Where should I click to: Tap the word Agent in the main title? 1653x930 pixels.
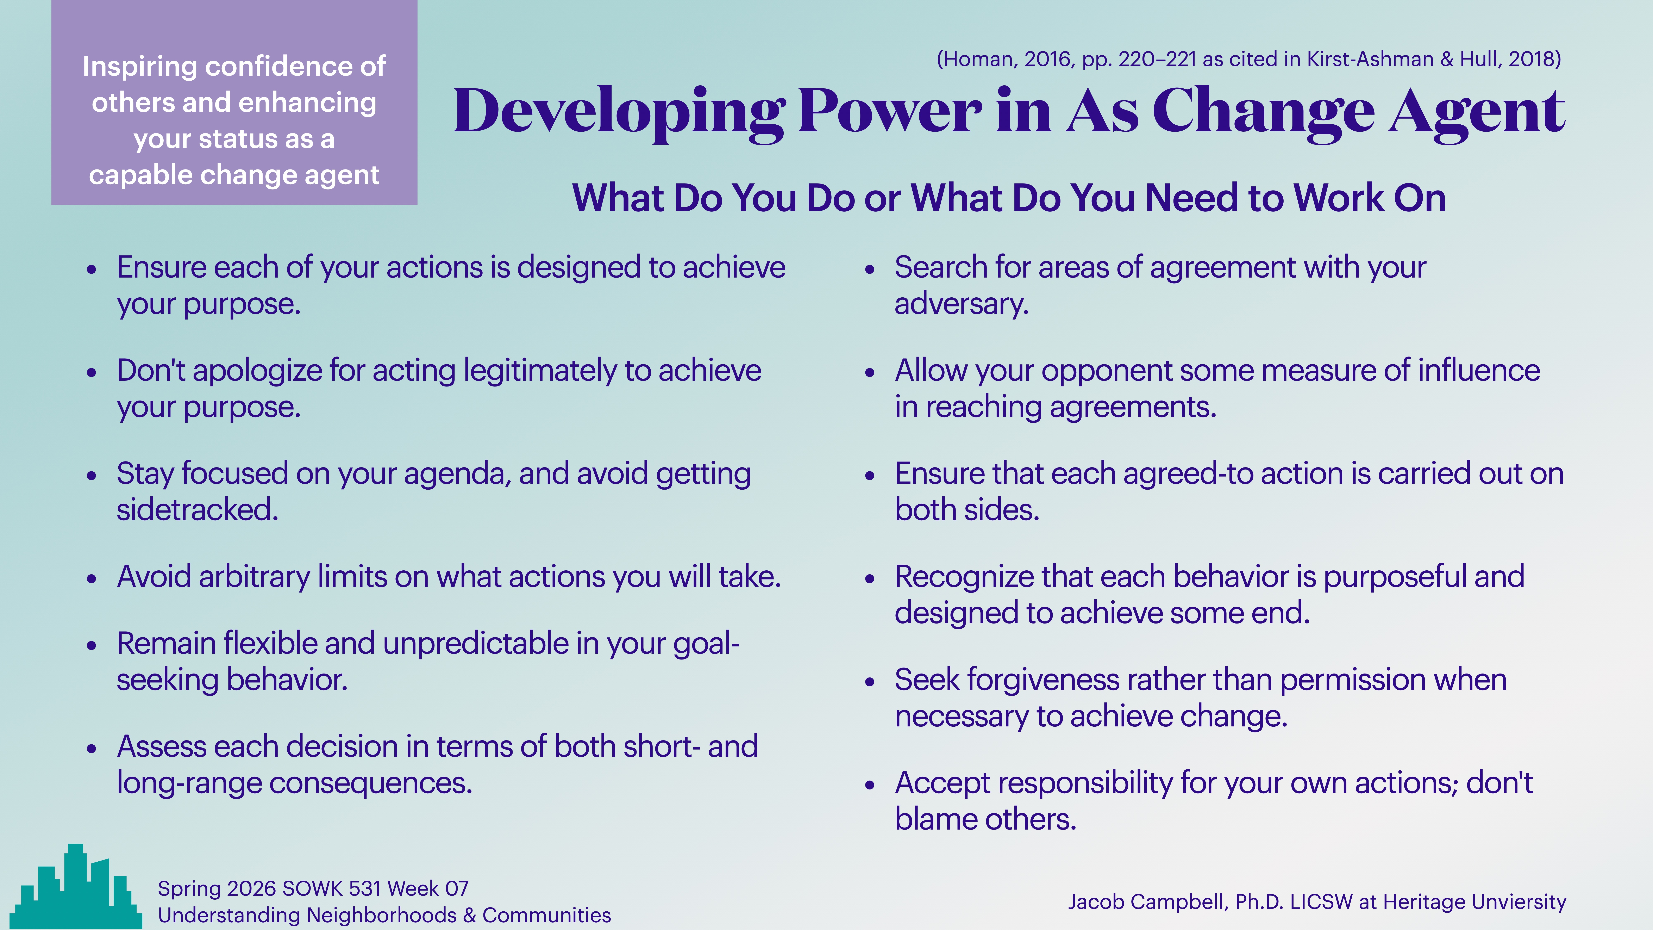[x=1476, y=112]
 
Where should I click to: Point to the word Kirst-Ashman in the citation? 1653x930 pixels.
[x=1370, y=59]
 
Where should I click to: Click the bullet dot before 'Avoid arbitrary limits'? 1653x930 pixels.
[x=92, y=578]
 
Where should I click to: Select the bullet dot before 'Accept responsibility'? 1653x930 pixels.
[x=870, y=784]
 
